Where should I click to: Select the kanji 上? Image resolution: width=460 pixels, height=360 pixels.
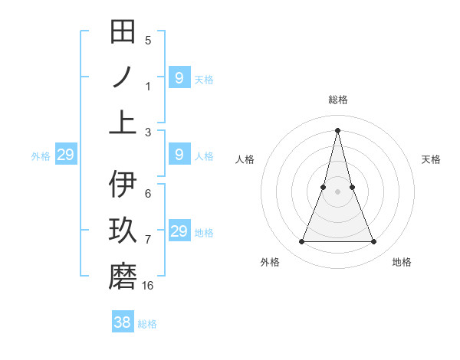(123, 122)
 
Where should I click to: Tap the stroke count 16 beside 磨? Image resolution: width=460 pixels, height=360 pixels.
(148, 286)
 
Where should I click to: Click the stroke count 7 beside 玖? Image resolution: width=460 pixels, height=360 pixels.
(148, 240)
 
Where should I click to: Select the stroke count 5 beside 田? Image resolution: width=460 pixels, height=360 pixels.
(148, 41)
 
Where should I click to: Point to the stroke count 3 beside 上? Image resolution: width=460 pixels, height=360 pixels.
(148, 132)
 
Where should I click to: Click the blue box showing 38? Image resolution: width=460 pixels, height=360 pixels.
(123, 322)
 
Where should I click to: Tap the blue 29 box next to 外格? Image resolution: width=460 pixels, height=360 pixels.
(65, 155)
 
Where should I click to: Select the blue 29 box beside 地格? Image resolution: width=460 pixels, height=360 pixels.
(179, 231)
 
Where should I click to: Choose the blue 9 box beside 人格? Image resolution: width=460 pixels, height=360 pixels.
(179, 155)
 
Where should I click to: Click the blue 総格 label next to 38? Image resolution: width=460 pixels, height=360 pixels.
(147, 324)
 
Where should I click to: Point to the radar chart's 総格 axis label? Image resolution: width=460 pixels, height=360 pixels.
(337, 100)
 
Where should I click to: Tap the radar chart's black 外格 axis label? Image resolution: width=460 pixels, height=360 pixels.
(270, 262)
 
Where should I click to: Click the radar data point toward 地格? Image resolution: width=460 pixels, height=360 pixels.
(374, 242)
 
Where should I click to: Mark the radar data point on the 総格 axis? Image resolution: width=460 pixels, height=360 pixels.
(337, 129)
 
